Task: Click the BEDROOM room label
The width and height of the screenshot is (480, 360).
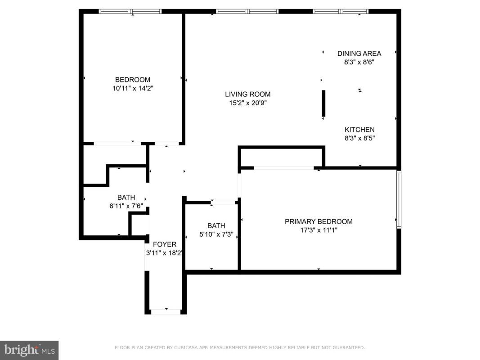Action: tap(133, 80)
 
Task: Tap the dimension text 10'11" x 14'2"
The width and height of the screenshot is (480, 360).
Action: tap(133, 89)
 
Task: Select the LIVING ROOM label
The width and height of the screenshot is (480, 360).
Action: tap(248, 94)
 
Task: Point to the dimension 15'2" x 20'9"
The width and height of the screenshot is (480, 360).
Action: tap(248, 103)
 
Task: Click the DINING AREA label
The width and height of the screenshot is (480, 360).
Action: tap(359, 54)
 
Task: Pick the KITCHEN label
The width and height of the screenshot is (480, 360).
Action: tap(360, 130)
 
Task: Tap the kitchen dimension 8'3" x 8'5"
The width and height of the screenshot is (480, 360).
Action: tap(360, 138)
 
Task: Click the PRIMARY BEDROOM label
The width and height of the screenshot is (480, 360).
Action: tap(319, 222)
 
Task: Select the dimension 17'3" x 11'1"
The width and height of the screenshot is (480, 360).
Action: tap(319, 230)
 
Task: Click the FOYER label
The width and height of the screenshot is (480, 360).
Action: tap(165, 244)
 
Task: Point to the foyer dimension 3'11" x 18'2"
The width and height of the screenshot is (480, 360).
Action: tap(165, 253)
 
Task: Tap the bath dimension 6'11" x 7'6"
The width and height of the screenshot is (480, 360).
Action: tap(126, 206)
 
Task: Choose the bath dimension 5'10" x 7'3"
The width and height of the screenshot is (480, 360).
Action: tap(216, 234)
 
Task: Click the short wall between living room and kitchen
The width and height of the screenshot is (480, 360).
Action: tap(323, 103)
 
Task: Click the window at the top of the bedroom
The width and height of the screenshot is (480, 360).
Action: tap(130, 12)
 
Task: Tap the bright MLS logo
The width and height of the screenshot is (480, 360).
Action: tap(29, 350)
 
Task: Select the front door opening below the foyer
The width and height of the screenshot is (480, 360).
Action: tap(166, 312)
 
